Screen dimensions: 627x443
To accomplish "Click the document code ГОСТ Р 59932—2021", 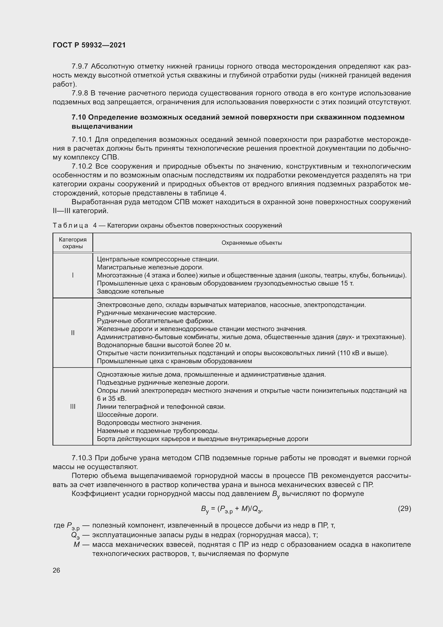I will tap(89, 45).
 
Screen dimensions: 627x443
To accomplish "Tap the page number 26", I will tap(57, 570).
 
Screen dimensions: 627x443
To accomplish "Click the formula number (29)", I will tap(404, 509).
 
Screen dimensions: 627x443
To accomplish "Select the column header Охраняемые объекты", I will tap(251, 243).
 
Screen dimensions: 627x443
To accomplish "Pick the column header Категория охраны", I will tap(73, 243).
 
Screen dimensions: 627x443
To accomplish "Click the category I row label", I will tap(73, 275).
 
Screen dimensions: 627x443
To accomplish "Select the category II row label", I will tap(73, 333).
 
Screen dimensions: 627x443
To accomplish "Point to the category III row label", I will tap(73, 406).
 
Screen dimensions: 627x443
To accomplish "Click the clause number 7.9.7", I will tap(80, 66).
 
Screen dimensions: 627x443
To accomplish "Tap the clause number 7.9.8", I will tap(80, 93).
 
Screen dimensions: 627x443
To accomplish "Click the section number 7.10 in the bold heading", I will tap(79, 117).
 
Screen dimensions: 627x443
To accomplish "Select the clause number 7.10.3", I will tap(82, 458).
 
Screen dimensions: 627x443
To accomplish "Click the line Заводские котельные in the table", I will tap(130, 291).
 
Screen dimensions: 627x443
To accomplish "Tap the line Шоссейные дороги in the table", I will tap(127, 414).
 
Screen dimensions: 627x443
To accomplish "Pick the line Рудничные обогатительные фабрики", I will tap(156, 321).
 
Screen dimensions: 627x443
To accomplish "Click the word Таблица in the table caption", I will tap(70, 225).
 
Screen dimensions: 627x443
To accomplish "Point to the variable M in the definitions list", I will tap(77, 544).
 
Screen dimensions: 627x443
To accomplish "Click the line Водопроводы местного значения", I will tap(149, 423).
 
